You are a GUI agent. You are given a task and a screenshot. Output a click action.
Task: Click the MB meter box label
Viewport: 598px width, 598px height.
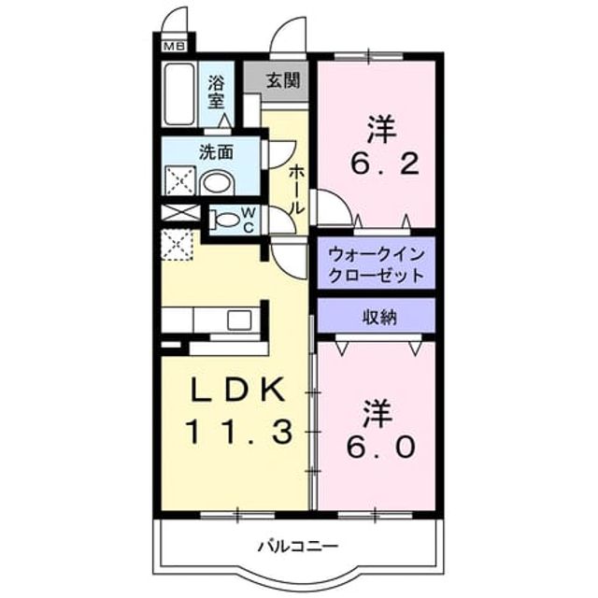175,47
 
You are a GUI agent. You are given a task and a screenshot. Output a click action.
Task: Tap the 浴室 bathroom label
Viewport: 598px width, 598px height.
216,93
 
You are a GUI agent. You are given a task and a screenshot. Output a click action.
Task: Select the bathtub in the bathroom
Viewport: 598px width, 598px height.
178,93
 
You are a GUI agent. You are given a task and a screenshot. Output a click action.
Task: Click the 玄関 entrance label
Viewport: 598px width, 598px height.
282,81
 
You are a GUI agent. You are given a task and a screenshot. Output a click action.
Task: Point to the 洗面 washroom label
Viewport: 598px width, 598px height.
216,152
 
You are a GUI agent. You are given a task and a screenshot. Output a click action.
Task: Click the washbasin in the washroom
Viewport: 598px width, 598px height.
217,182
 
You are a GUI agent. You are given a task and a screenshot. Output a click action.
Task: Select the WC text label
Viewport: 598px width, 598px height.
249,221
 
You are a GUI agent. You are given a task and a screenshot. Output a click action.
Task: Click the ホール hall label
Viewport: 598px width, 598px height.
297,190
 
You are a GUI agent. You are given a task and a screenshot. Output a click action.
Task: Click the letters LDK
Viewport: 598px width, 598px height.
237,389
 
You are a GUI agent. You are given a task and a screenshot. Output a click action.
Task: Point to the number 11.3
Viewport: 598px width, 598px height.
239,432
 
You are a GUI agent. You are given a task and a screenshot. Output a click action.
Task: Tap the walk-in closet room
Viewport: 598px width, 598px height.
377,263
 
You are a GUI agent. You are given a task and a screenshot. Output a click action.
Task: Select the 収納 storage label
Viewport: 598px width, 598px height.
379,317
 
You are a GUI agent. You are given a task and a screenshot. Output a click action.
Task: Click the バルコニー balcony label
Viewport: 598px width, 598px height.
298,547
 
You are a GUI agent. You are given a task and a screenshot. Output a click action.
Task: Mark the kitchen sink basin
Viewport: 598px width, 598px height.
239,320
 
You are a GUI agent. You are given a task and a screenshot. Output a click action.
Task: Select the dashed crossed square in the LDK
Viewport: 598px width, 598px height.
177,245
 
